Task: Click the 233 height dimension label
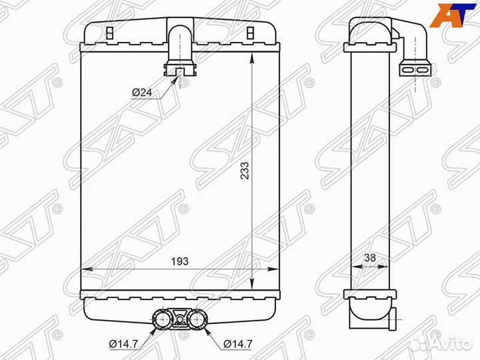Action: pos(245,171)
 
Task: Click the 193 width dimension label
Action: pos(180,261)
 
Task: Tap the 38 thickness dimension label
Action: pos(370,258)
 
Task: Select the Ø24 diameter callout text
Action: pos(142,92)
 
